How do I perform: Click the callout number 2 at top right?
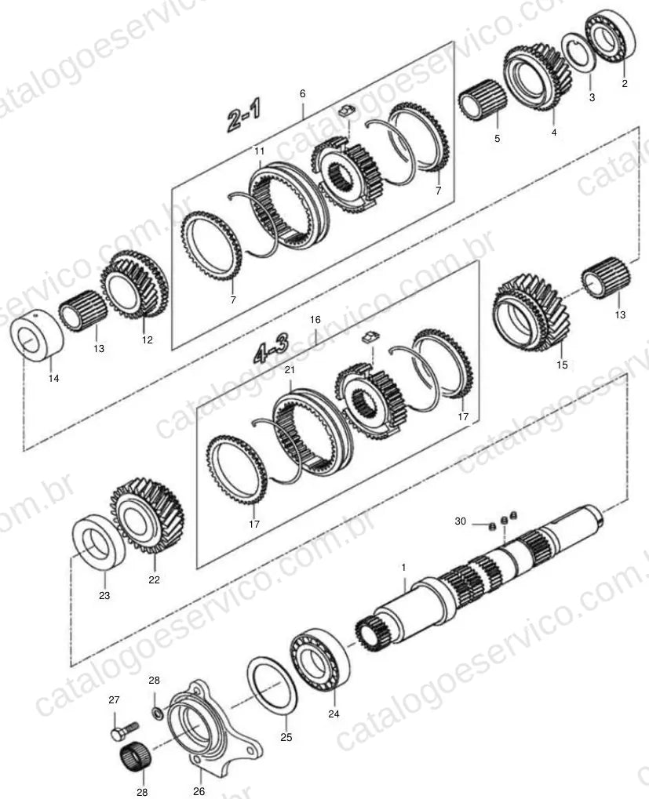click(625, 84)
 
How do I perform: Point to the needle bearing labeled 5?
click(482, 100)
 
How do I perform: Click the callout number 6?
click(302, 94)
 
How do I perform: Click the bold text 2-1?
click(244, 116)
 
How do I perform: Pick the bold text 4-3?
click(270, 347)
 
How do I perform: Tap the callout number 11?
click(260, 151)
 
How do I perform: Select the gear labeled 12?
click(135, 285)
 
